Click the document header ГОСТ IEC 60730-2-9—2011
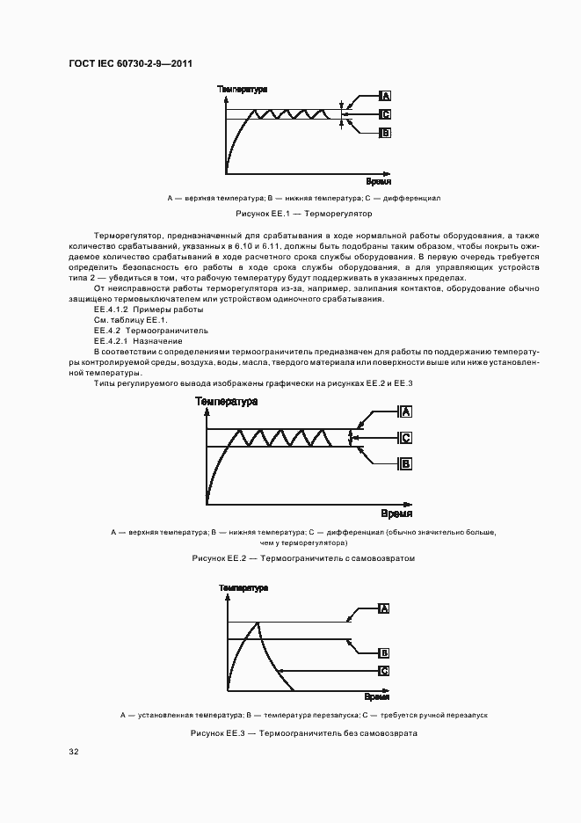130,64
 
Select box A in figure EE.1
385,95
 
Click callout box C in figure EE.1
385,113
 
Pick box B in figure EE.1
385,133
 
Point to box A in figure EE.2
406,411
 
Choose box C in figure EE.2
406,438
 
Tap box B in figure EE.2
406,463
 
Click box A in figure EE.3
384,608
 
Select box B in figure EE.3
384,652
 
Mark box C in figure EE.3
384,670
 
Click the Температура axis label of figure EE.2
227,401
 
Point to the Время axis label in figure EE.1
378,180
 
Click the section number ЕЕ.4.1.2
111,310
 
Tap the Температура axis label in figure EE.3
243,586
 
